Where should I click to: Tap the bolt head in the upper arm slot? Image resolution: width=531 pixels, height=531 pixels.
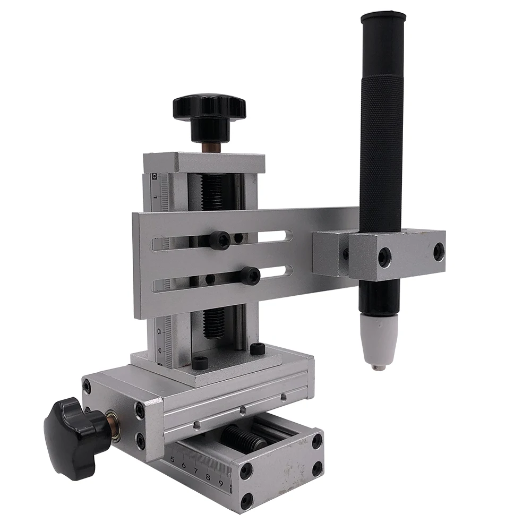pos(219,240)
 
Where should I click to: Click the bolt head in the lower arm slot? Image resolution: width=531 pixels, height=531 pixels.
pos(250,276)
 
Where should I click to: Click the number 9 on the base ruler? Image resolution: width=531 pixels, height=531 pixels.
pos(220,483)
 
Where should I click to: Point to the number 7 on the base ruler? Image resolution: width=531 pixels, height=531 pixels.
pos(195,470)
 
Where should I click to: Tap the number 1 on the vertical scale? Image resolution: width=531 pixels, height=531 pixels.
pos(155,197)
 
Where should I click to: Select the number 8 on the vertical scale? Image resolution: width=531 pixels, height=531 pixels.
pos(159,331)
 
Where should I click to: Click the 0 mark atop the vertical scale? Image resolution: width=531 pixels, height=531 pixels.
pos(154,176)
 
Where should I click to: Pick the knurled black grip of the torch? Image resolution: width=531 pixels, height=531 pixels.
pos(382,149)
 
